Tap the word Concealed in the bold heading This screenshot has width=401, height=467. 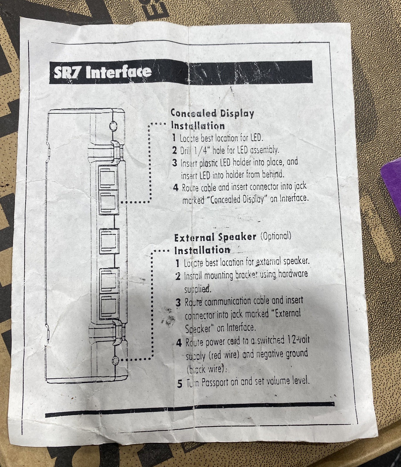193,113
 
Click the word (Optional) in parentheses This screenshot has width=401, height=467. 276,236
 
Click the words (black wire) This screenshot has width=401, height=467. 207,369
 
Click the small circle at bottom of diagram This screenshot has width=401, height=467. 115,360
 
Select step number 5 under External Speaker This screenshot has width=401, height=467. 180,384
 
